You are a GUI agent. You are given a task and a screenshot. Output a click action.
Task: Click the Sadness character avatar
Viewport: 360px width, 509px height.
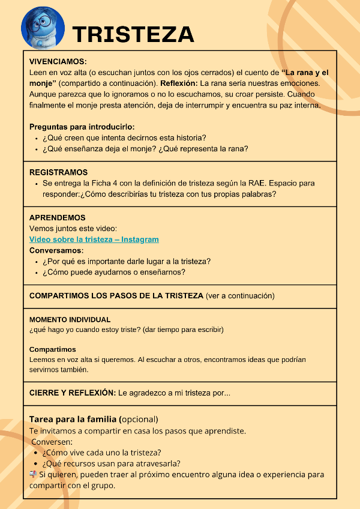click(43, 26)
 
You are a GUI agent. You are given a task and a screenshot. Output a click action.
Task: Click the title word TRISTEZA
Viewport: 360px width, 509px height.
click(133, 34)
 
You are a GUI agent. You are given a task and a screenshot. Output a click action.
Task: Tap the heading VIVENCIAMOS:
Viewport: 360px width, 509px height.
click(58, 61)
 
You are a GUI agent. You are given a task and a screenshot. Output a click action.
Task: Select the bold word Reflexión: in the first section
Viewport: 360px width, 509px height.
click(179, 83)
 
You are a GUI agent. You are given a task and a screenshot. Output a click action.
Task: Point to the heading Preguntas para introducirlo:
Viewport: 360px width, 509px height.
click(82, 127)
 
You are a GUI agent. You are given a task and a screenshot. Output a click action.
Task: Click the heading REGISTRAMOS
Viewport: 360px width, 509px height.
click(58, 172)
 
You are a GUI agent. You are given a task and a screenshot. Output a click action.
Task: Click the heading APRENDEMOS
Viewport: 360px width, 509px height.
click(57, 217)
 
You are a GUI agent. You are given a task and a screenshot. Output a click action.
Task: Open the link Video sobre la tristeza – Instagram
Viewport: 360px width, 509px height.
click(94, 239)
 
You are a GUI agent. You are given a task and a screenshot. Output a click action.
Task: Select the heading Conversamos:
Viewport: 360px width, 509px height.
click(56, 250)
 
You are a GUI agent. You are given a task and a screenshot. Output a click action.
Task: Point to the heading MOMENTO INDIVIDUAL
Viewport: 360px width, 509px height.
click(70, 320)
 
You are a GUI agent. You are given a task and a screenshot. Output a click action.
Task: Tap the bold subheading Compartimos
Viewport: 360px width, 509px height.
click(53, 349)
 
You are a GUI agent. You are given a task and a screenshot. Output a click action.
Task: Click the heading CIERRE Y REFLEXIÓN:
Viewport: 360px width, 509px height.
click(72, 393)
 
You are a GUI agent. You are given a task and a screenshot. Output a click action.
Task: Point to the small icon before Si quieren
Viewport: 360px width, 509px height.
click(34, 474)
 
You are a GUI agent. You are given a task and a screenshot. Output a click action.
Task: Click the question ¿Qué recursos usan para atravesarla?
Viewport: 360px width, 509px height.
click(112, 463)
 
